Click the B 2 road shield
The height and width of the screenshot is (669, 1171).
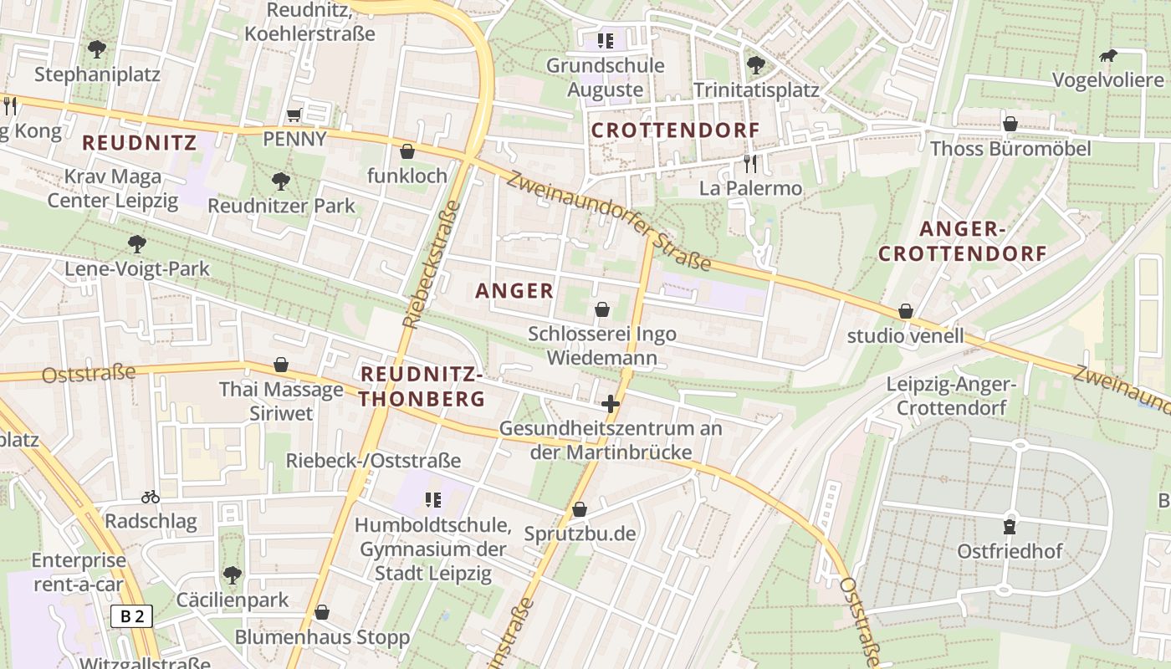132,617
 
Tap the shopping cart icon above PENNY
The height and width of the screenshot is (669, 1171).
294,115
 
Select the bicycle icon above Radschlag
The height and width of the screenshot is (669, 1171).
151,497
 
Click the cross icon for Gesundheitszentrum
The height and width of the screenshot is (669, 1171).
611,405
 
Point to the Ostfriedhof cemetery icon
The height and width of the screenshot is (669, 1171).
1010,527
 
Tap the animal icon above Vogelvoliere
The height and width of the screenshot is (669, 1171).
1108,57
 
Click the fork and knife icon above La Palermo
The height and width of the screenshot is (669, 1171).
749,163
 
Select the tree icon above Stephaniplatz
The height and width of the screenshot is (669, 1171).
97,49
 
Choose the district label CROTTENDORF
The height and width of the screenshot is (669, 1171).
676,130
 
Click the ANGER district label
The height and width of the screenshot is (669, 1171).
514,291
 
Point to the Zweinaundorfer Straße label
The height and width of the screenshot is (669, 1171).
608,222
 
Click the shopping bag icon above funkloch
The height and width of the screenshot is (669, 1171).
407,151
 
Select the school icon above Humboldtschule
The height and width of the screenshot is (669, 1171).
432,500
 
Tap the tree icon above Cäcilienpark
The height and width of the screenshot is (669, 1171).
233,575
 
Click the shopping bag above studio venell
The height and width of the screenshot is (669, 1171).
905,312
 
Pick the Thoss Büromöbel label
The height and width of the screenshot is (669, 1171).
1010,149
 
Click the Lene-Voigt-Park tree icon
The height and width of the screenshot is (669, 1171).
137,244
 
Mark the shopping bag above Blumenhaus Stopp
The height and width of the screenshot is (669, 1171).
321,613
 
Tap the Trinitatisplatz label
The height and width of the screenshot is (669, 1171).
756,89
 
